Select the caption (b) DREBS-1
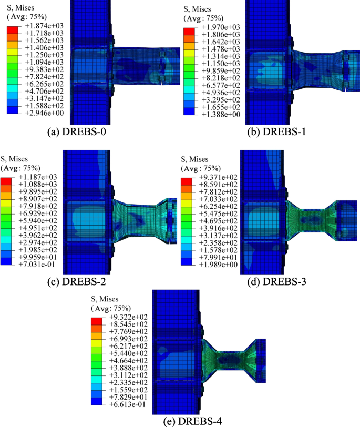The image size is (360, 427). coord(275,131)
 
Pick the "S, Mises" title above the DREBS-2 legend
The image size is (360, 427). coord(15,158)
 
